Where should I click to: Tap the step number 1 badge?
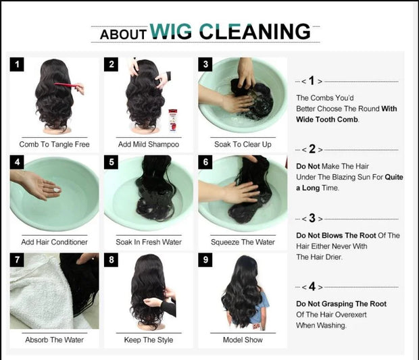[17, 64]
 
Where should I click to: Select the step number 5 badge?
[112, 163]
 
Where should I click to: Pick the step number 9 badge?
[205, 260]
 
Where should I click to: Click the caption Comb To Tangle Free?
[54, 144]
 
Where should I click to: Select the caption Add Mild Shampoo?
[148, 144]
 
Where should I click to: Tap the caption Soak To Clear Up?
[243, 144]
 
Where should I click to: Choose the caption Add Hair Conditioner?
[54, 242]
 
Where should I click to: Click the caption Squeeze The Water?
[243, 242]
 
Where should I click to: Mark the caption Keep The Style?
[148, 339]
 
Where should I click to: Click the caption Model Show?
[243, 339]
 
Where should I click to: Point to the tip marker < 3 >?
[311, 219]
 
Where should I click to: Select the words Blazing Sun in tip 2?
[360, 177]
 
